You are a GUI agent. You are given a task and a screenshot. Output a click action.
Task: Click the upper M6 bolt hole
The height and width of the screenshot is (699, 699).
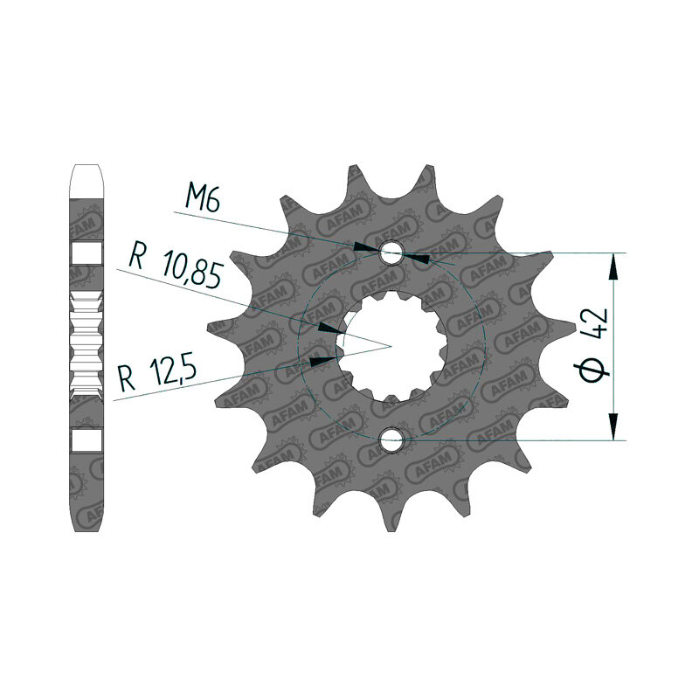pos(391,253)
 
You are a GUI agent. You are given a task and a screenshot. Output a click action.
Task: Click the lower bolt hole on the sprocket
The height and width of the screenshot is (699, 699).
pos(391,440)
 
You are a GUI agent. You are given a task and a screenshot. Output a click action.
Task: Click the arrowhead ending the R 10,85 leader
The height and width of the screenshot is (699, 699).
pos(331,329)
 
